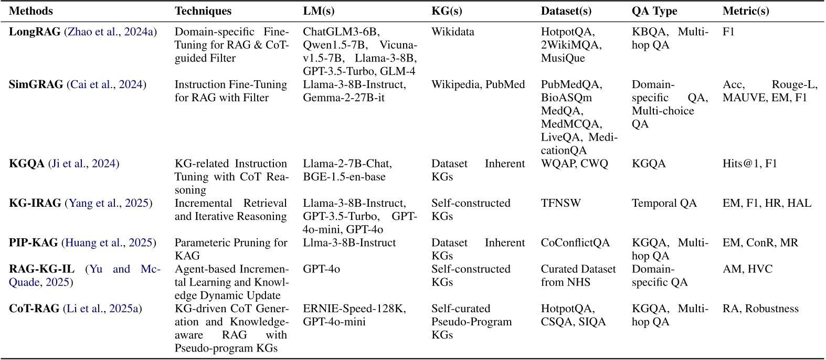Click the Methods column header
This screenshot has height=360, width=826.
31,11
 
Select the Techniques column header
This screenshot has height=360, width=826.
203,11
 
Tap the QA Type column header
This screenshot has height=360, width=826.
654,11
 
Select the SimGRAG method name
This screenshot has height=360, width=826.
36,84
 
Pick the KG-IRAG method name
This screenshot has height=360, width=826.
35,203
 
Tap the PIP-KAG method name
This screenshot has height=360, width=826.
34,242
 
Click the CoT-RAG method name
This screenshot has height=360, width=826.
34,309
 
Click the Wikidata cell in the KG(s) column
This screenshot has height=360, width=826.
452,32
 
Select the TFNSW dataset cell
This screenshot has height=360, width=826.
560,203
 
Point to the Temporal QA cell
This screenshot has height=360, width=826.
664,203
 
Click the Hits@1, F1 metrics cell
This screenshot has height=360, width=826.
749,164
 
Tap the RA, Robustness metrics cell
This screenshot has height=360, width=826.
760,309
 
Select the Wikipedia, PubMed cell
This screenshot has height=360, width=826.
478,84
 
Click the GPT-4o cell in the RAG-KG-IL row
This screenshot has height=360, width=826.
321,269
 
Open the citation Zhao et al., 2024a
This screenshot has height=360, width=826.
110,32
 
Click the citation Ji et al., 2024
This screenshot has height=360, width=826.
83,164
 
